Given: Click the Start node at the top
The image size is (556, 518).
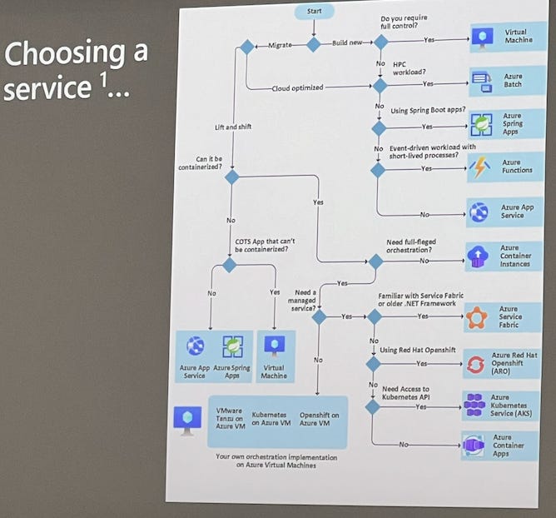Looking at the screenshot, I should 315,12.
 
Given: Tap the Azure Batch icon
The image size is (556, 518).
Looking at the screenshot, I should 482,82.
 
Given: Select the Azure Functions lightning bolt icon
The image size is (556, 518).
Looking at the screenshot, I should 480,167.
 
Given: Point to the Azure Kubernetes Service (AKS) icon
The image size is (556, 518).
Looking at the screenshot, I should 474,406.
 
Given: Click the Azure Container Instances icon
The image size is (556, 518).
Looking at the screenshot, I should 479,256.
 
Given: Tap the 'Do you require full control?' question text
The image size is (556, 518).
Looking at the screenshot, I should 404,21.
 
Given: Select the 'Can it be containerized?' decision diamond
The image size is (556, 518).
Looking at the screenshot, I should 231,177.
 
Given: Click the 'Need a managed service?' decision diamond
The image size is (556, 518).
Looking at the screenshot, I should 319,316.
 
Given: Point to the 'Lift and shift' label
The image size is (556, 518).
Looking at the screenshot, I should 232,127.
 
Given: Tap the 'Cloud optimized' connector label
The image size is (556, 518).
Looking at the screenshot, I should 297,87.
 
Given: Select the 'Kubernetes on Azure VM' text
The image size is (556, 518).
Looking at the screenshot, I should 271,417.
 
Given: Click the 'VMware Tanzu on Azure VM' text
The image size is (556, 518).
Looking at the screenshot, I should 229,417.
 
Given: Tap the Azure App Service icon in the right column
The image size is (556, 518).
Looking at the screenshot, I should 479,212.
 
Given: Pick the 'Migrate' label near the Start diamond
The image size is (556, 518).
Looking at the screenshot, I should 280,45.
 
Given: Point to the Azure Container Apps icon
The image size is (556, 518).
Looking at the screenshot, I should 474,447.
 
